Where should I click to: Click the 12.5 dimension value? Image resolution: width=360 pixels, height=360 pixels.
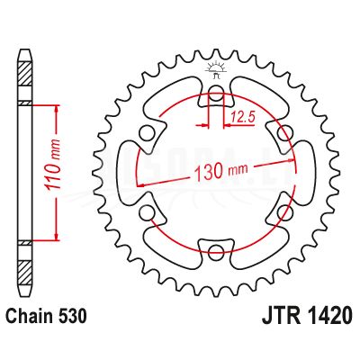pos(243,117)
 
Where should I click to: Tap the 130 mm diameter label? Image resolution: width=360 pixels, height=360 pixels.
pos(221,172)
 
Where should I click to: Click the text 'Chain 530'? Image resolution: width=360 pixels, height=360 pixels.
pos(47,316)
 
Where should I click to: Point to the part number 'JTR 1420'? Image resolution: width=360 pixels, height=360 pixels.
pos(307,316)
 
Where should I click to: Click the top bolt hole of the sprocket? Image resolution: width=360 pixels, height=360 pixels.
pos(216,92)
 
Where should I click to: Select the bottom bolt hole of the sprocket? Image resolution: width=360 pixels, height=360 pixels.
pos(216,250)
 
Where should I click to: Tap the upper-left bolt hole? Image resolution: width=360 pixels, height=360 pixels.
pos(147,131)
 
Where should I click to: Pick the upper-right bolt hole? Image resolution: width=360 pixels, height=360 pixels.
pos(285,131)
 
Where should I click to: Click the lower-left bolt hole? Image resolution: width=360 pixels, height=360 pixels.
pos(147,211)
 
